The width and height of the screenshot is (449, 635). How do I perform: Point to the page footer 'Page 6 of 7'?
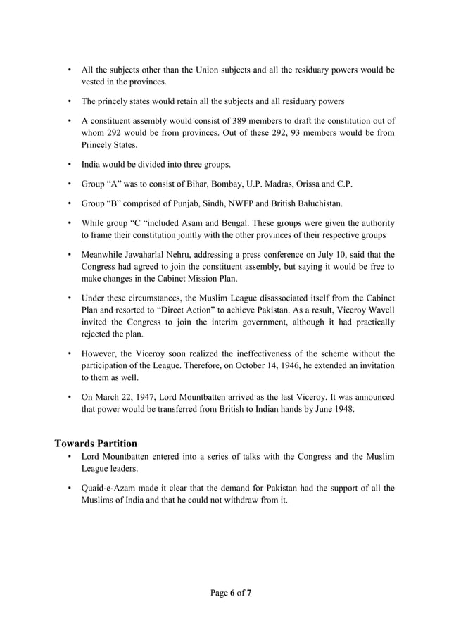[x=231, y=593]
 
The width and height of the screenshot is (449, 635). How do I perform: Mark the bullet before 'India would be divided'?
[x=69, y=165]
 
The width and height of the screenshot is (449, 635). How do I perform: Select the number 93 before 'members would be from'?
[x=257, y=133]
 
